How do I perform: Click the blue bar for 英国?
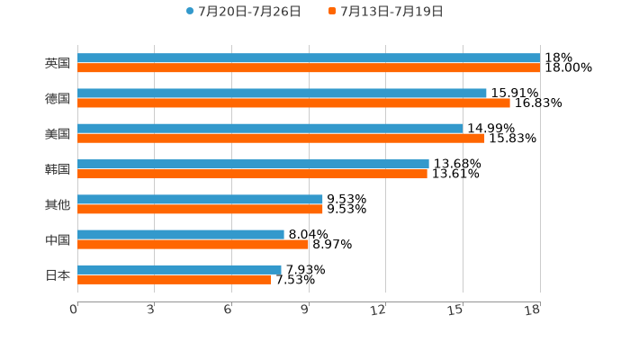pos(309,58)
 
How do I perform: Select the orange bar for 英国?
pos(309,67)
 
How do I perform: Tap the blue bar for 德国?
pos(282,94)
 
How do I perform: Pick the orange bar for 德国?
pos(293,103)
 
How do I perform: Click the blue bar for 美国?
pos(270,129)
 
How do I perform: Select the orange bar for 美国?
pos(281,138)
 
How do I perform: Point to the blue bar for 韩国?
pos(253,164)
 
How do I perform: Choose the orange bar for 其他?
pos(200,209)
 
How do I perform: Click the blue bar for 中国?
pos(181,235)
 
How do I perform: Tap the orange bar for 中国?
pos(193,244)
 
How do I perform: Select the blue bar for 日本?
pos(179,269)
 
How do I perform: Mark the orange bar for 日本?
pos(175,279)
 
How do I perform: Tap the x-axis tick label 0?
pos(75,310)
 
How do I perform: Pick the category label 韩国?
pos(58,169)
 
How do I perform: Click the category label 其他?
pos(58,204)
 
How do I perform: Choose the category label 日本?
pos(58,274)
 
